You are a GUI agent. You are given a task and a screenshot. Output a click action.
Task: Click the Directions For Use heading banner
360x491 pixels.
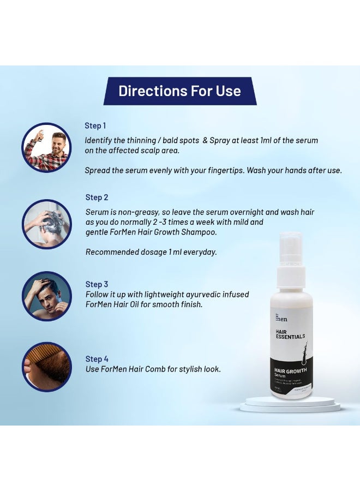(180, 91)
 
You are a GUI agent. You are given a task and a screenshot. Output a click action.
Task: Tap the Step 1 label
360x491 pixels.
(95, 126)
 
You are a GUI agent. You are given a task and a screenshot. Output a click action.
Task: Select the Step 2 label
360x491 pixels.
(97, 197)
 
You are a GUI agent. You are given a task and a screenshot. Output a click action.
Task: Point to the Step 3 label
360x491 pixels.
(97, 284)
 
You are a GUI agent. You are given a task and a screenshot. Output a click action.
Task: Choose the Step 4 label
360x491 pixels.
(97, 359)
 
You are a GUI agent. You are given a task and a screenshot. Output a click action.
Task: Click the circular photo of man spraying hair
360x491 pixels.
(47, 147)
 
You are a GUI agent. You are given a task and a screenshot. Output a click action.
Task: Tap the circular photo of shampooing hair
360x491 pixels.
(47, 224)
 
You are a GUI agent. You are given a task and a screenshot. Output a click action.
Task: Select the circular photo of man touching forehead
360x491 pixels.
(47, 296)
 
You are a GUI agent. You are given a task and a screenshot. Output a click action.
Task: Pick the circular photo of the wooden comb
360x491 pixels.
(47, 367)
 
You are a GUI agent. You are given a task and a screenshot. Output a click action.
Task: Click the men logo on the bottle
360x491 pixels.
(281, 318)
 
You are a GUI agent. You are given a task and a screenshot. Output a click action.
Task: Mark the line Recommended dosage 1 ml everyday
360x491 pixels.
(151, 252)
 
